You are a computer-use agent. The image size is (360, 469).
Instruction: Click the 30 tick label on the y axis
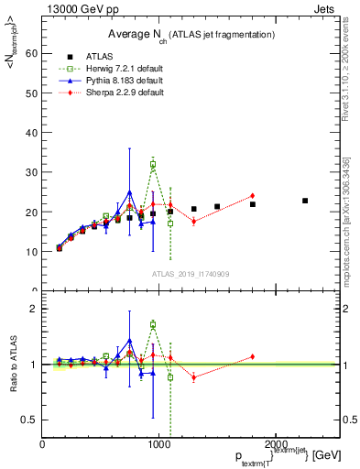[32, 172]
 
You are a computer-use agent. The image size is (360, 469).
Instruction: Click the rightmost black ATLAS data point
[305, 201]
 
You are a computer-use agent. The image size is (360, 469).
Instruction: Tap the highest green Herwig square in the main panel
[153, 165]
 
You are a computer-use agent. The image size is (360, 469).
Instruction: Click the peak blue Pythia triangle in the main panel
[130, 192]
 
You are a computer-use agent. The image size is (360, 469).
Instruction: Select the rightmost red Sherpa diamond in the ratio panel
[252, 356]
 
